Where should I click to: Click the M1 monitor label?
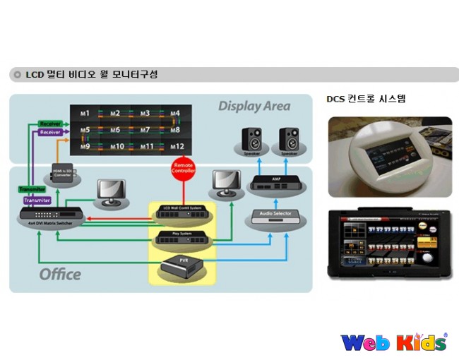click(x=85, y=113)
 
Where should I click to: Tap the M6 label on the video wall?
click(x=114, y=130)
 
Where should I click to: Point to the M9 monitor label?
click(x=85, y=146)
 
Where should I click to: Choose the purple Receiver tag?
click(x=49, y=132)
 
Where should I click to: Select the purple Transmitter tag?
click(x=37, y=200)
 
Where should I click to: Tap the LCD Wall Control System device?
click(x=183, y=210)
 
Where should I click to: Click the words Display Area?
click(x=254, y=106)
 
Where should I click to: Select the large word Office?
click(x=60, y=273)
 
